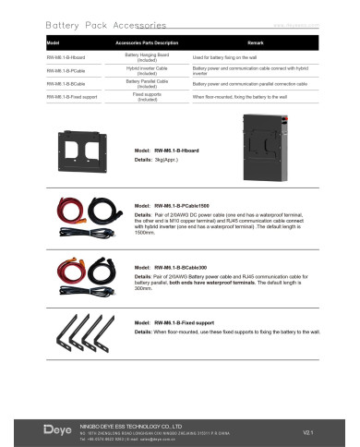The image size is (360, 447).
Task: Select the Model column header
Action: [54, 43]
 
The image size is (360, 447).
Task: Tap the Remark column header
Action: [256, 43]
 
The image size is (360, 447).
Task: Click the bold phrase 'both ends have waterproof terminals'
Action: [227, 280]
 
